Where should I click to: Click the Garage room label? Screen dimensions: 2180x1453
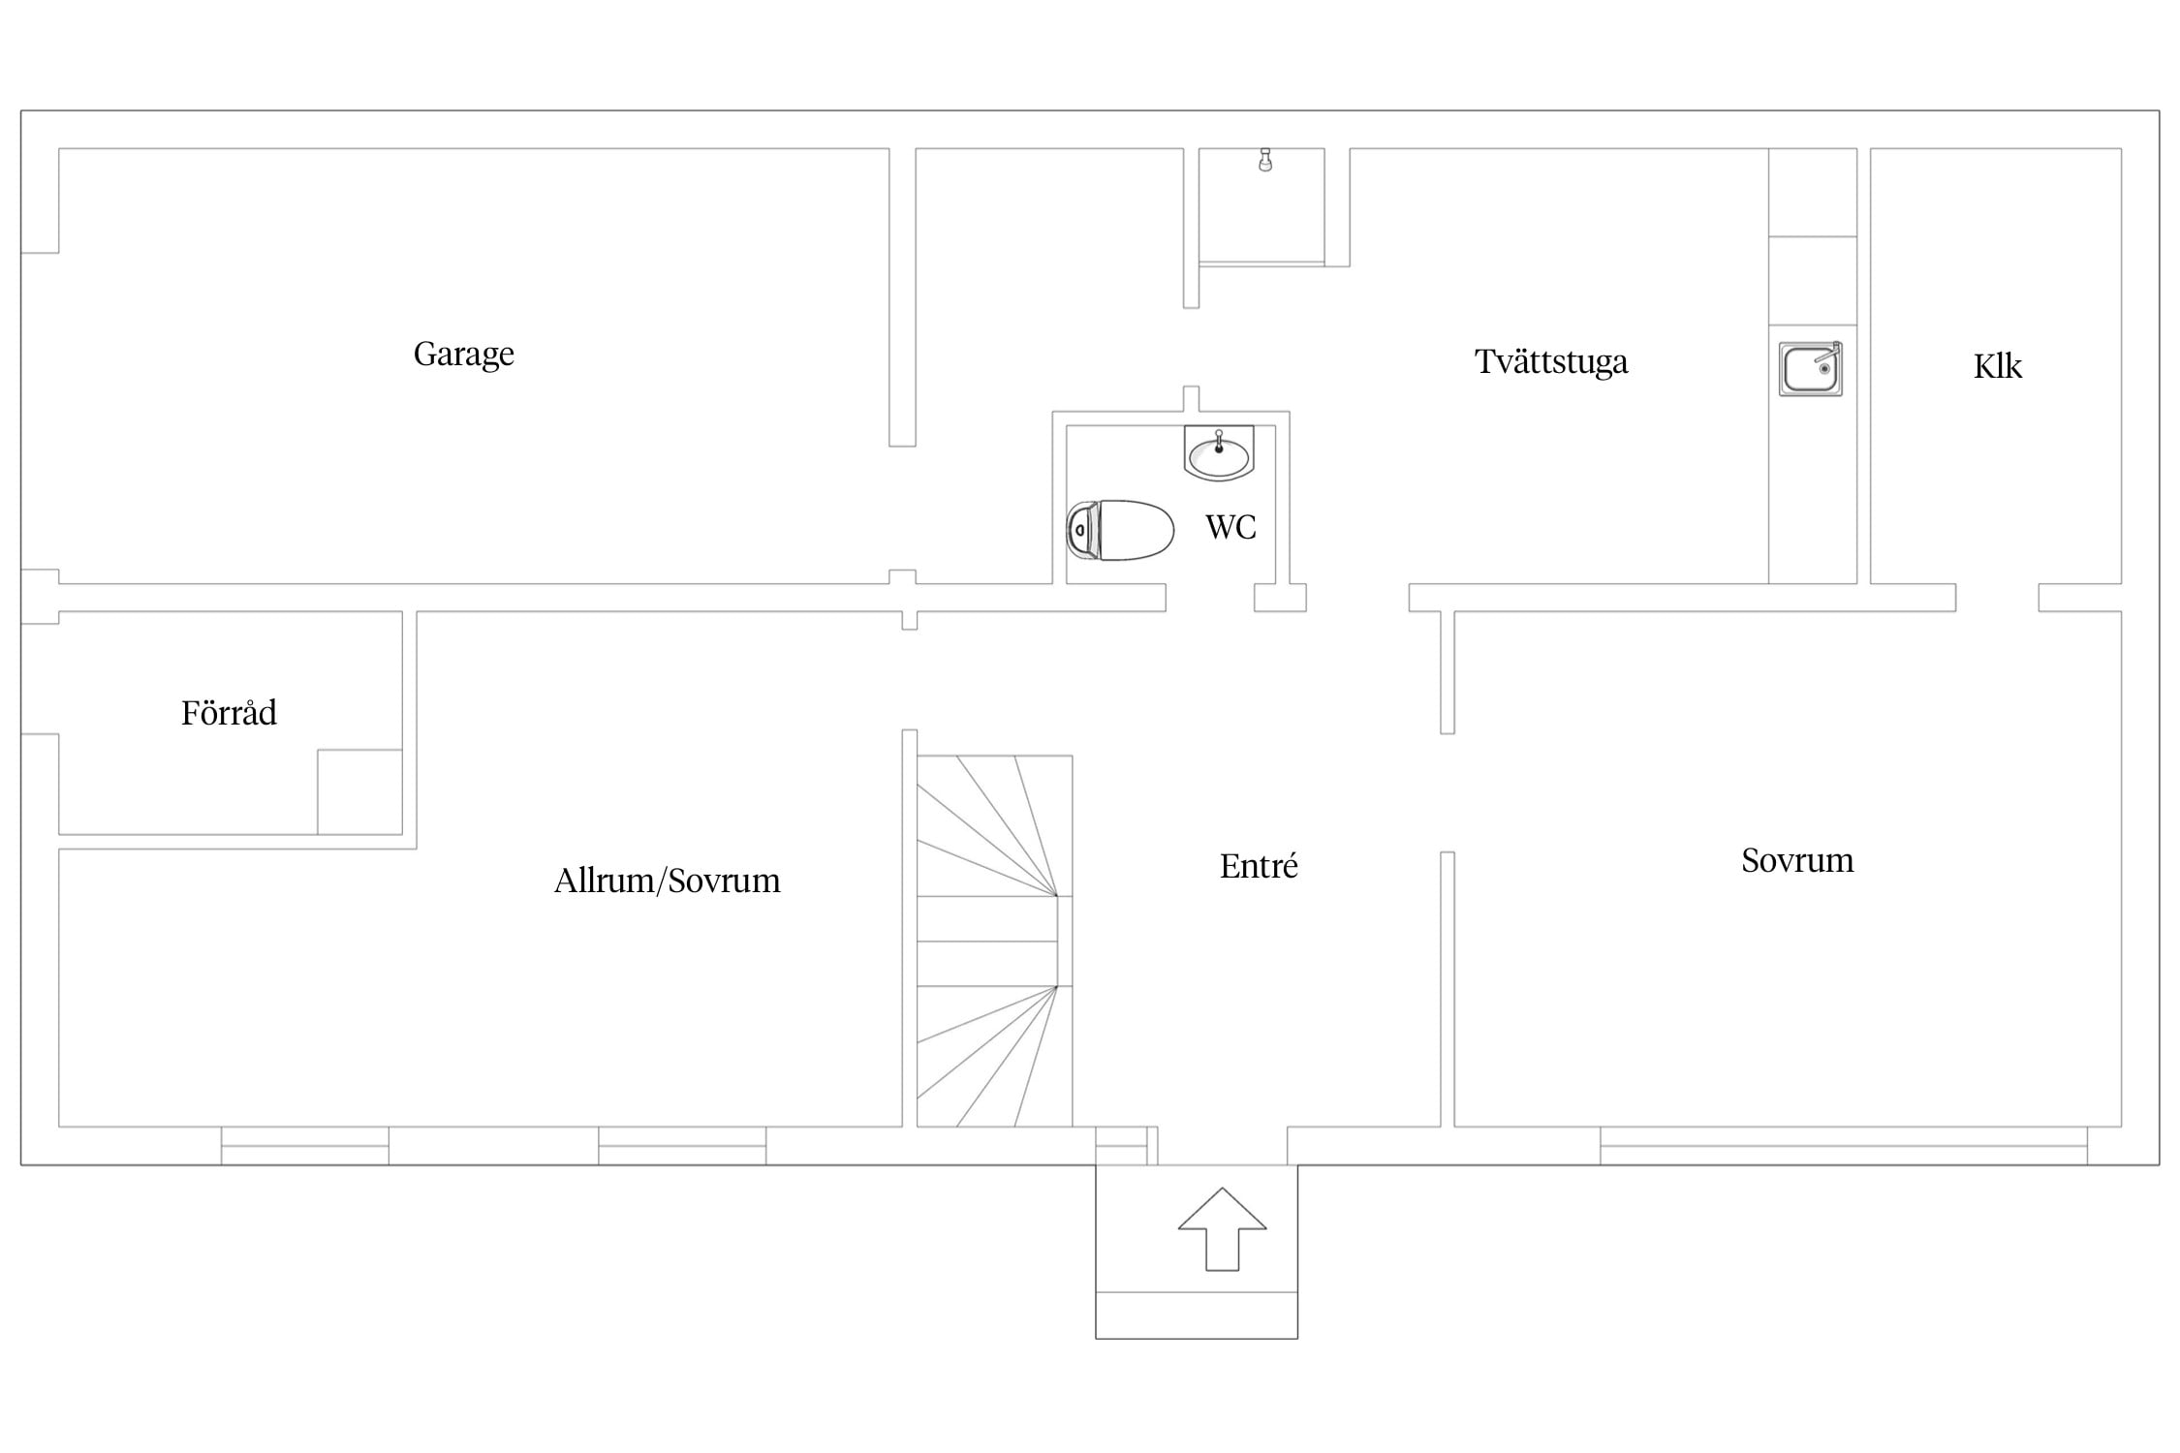[463, 355]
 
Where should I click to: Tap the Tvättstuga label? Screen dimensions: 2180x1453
[1551, 361]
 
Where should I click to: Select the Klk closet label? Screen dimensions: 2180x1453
[1998, 366]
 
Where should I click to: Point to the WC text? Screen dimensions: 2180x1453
[1230, 527]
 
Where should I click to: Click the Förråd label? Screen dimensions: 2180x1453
[229, 713]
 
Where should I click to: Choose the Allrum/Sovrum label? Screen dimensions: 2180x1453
[668, 881]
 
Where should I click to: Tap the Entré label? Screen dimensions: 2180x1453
[1259, 866]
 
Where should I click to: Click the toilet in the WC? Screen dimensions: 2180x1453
[1120, 530]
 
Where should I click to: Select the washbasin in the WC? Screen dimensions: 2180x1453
[1219, 452]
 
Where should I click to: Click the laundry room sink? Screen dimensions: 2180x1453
[1810, 368]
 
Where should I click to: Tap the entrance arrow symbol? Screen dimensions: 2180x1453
[1223, 1228]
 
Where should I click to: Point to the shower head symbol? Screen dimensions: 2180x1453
[1264, 160]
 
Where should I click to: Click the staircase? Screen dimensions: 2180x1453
[995, 941]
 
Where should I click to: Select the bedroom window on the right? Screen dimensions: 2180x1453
[1844, 1146]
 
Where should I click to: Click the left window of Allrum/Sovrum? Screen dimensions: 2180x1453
[305, 1146]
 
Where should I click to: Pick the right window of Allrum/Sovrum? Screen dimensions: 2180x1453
[682, 1146]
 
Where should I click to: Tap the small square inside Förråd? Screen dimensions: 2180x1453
[359, 791]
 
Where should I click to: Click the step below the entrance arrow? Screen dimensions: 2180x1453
[1197, 1315]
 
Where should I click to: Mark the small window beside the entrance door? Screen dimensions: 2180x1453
[1122, 1146]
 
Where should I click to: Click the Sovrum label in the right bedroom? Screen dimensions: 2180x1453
[1797, 860]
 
